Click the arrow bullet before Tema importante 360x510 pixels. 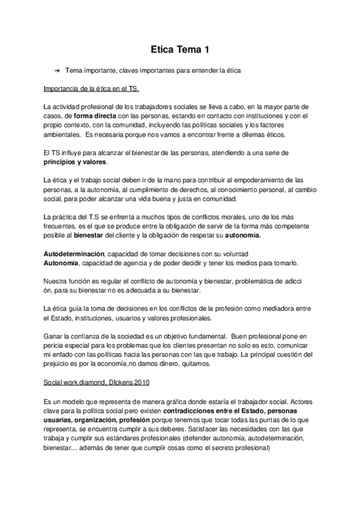57,71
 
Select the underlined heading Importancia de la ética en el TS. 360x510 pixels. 91,89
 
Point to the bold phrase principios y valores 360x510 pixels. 76,162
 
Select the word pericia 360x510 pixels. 54,346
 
